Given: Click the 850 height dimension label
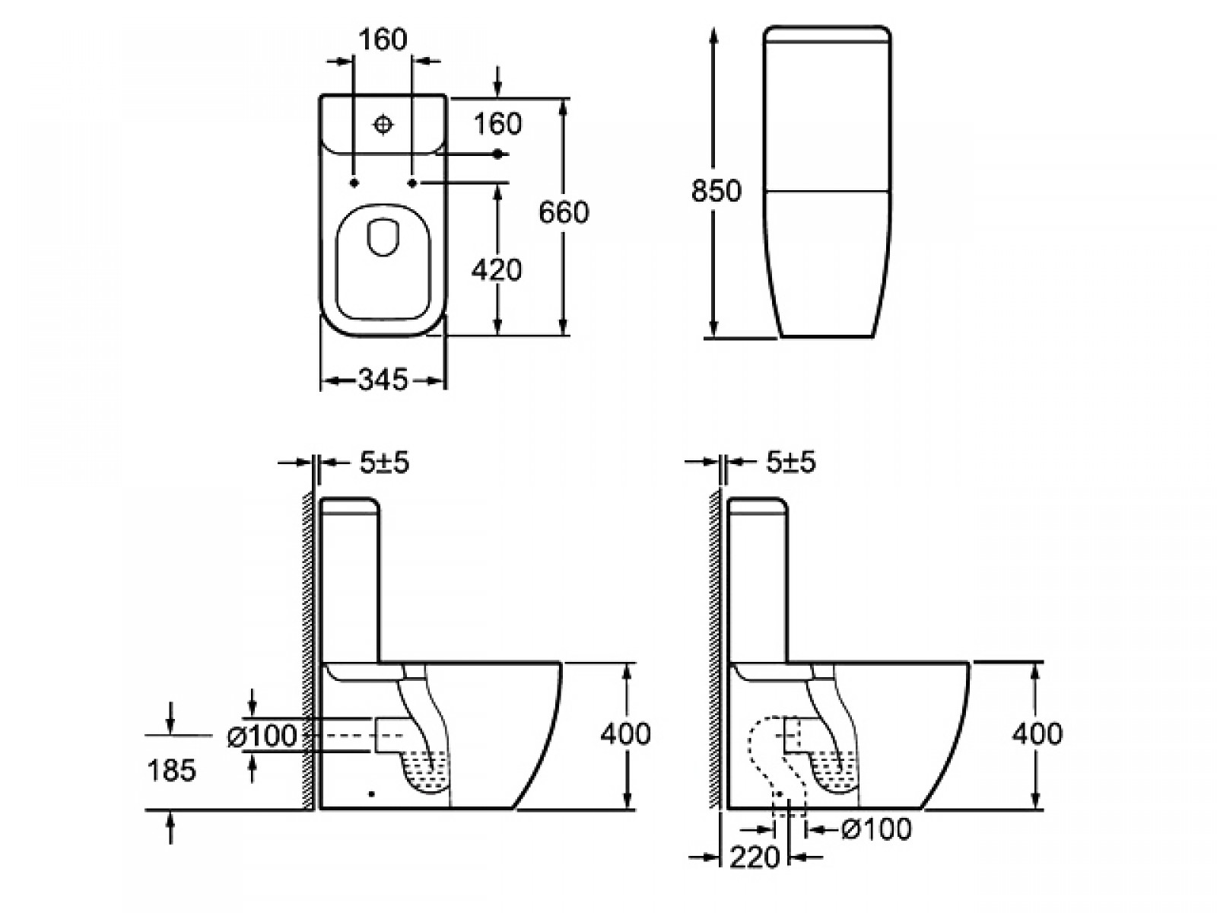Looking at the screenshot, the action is tap(716, 190).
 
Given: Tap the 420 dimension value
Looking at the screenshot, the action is tap(497, 270).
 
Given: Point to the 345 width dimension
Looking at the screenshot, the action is tap(383, 380).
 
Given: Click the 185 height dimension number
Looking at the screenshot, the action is tap(172, 770).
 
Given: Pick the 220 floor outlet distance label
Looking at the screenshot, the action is tap(755, 857).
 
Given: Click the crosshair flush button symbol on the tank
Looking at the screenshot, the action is tap(383, 124).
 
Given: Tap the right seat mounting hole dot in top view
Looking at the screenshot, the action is tap(412, 183).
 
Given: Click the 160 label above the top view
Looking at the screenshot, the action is tap(383, 40).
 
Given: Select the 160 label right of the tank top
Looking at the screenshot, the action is tap(497, 123).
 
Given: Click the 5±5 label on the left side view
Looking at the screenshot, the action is tap(384, 463).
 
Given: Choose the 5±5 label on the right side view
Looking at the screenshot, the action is tap(791, 463).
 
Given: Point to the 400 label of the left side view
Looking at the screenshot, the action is tap(625, 733).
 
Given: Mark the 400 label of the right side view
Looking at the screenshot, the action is tap(1037, 733).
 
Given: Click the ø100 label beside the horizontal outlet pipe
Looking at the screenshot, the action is tap(262, 736).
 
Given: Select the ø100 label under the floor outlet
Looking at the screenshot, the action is tap(876, 829).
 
